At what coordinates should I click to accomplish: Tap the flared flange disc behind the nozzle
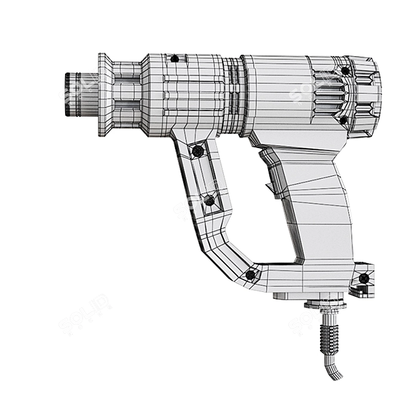104,94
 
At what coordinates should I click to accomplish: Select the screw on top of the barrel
174,59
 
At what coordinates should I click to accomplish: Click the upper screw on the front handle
197,152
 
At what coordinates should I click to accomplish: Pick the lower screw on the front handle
209,201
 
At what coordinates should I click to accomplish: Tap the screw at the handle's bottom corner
251,275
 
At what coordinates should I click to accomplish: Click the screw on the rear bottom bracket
363,278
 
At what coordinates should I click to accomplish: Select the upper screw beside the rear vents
344,71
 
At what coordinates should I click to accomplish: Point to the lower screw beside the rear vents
343,120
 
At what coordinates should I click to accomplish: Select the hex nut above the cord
325,305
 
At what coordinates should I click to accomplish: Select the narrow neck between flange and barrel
127,94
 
